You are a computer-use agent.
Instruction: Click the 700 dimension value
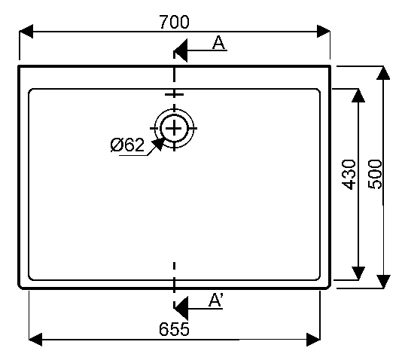point(175,22)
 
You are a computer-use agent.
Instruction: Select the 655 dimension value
point(174,329)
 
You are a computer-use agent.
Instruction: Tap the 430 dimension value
point(349,175)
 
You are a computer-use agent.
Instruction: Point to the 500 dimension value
point(375,175)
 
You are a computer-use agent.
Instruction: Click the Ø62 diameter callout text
point(127,145)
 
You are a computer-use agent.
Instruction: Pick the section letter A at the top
point(218,43)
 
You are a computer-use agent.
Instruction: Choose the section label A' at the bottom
point(216,300)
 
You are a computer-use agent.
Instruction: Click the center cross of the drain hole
point(174,128)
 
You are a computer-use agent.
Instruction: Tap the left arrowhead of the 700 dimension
point(26,32)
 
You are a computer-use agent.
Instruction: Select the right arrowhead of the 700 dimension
point(323,32)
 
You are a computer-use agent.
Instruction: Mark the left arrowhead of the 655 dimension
point(35,340)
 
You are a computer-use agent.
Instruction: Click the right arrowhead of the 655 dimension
point(314,340)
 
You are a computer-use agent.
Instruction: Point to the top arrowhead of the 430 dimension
point(358,96)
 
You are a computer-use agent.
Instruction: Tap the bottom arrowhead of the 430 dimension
point(358,273)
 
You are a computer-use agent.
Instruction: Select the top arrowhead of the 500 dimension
point(383,73)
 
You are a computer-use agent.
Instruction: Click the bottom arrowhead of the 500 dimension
point(383,282)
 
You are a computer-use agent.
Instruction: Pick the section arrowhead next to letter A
point(181,50)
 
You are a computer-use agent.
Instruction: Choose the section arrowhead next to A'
point(181,309)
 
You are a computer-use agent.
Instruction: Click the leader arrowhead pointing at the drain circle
point(157,144)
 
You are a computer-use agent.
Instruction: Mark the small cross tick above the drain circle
point(174,94)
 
